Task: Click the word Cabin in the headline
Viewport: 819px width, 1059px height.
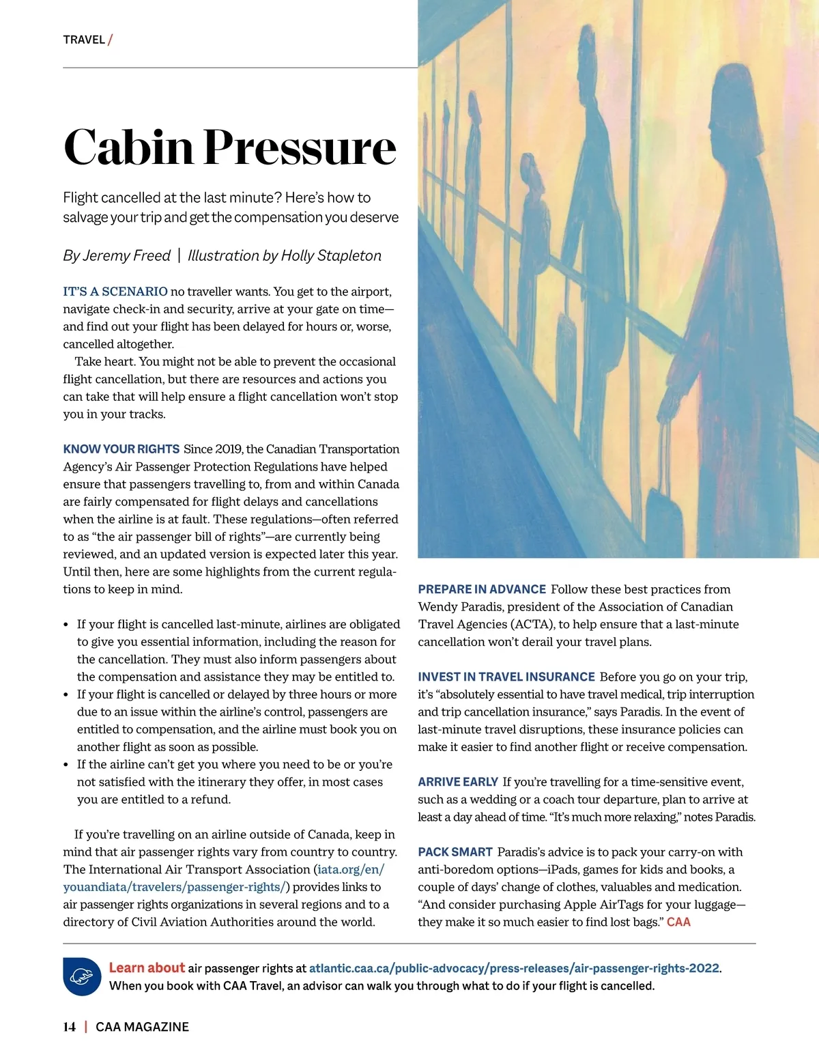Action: (x=128, y=147)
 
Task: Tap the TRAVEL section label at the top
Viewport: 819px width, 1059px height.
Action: (x=84, y=40)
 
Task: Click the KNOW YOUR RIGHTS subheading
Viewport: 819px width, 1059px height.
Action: (x=121, y=449)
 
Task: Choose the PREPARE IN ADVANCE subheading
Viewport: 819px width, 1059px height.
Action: (x=481, y=589)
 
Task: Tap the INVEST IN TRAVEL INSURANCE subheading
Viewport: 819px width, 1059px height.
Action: (x=506, y=677)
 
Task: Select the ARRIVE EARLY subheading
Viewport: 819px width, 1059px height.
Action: (x=457, y=782)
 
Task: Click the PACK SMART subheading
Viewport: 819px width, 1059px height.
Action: (x=455, y=852)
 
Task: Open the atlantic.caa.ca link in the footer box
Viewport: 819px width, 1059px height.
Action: (x=514, y=968)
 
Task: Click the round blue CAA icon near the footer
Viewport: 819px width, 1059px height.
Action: (x=82, y=976)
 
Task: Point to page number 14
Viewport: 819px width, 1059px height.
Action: (x=69, y=1027)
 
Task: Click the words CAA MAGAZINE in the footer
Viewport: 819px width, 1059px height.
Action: (x=142, y=1027)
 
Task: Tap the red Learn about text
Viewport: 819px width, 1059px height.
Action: (x=147, y=968)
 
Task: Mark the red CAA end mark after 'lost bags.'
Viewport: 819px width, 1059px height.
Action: (x=678, y=922)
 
